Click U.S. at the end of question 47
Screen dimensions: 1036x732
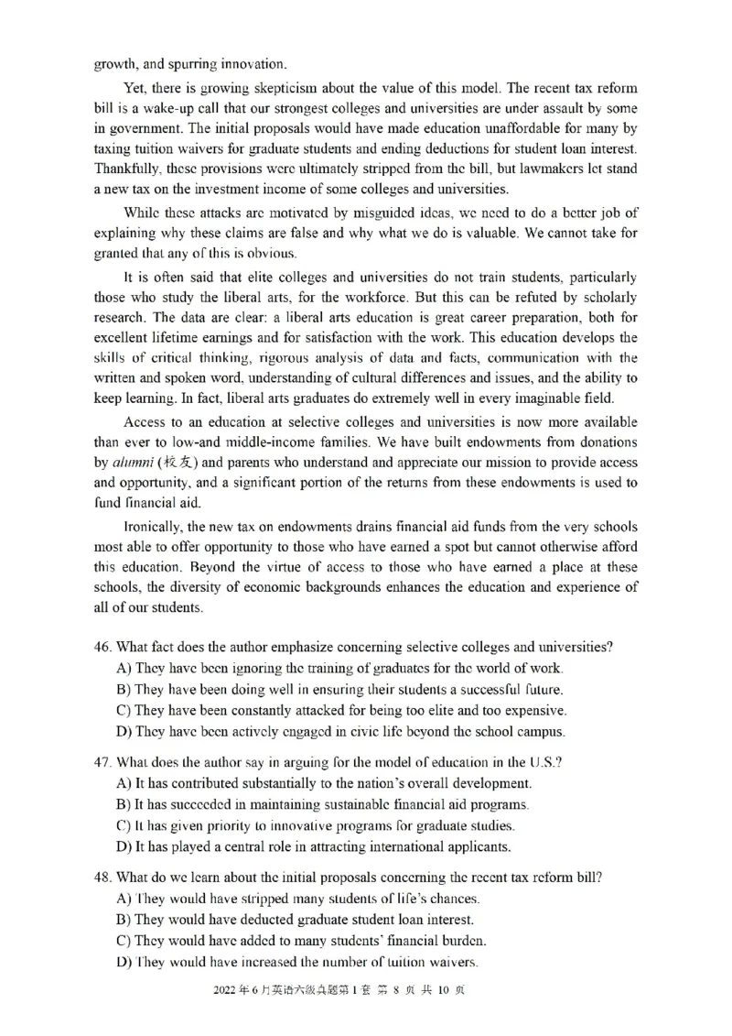pos(545,762)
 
